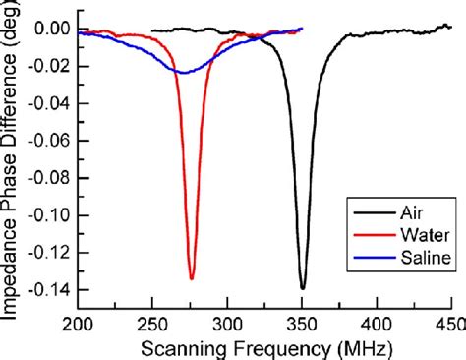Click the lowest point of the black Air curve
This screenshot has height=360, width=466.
302,288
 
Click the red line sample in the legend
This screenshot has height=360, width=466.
363,236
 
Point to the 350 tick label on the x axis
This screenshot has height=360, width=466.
302,325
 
